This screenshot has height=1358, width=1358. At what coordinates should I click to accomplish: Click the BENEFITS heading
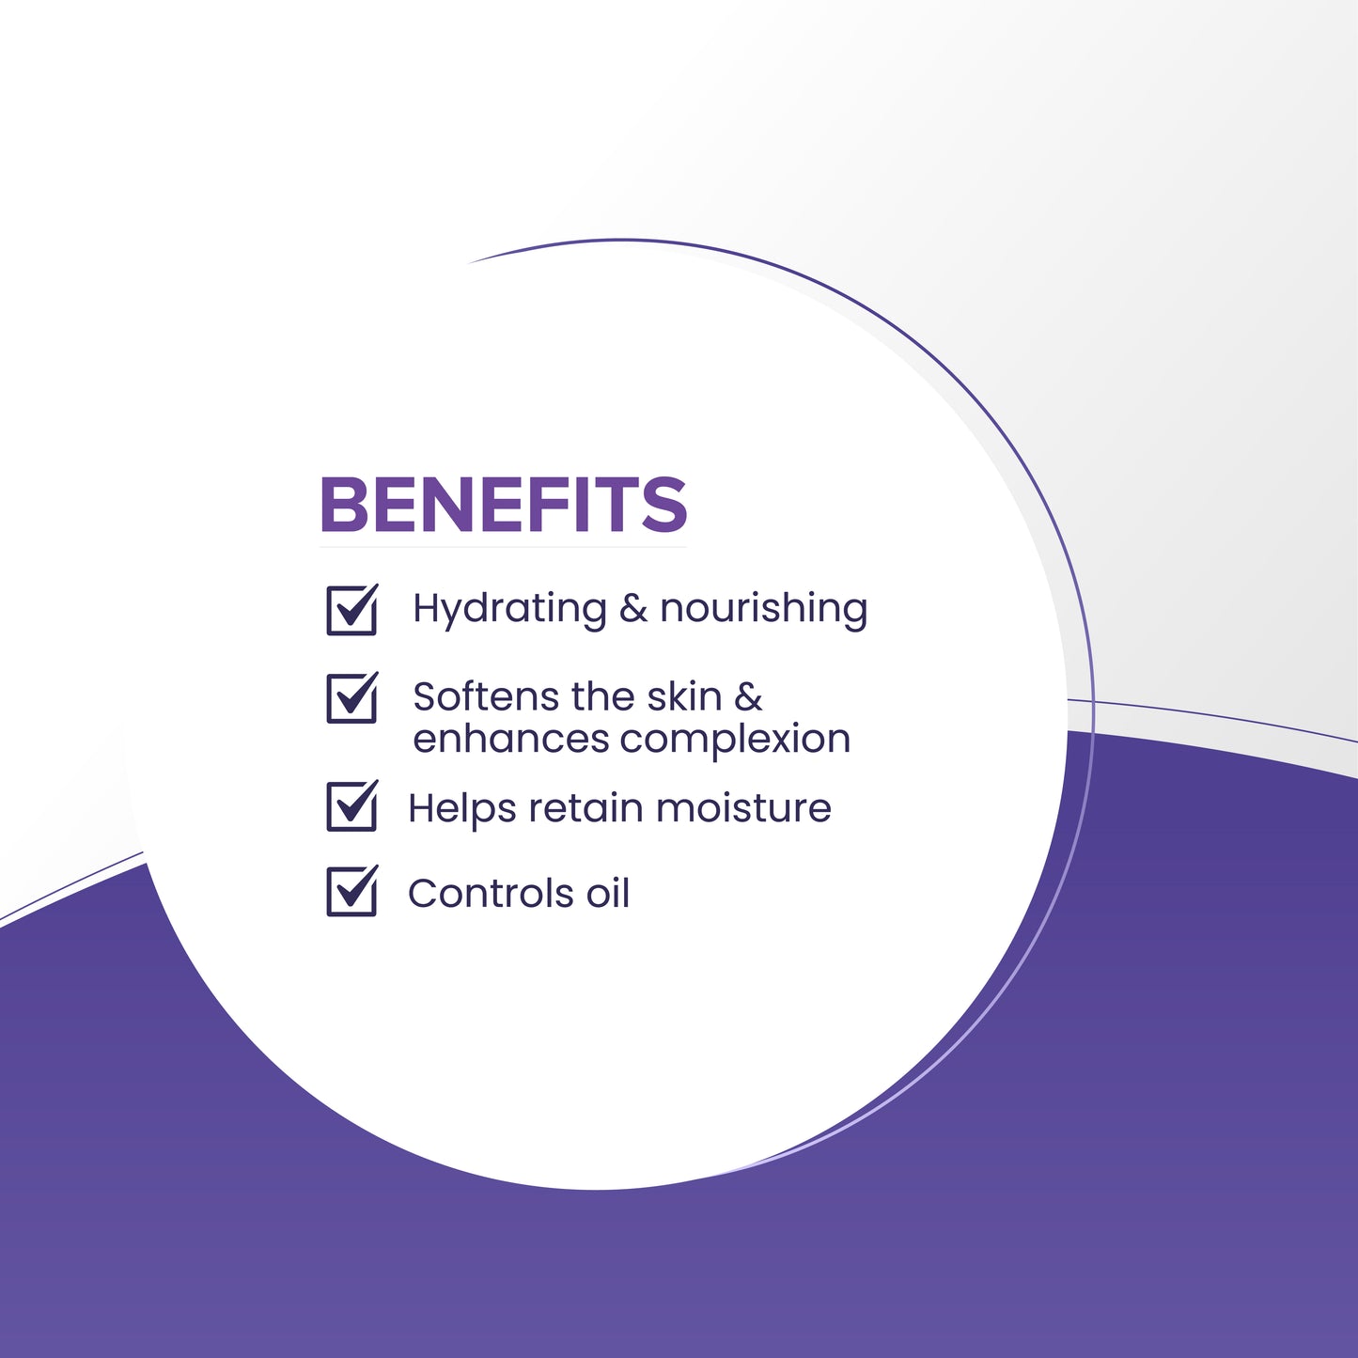503,505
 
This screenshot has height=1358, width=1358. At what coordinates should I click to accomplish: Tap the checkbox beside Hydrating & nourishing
351,610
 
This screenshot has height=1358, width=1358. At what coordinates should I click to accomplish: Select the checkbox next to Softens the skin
351,698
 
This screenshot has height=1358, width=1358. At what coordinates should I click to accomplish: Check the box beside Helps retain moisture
351,806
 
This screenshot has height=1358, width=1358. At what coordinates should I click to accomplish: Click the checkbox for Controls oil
351,892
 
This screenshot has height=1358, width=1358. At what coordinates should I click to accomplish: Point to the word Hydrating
509,610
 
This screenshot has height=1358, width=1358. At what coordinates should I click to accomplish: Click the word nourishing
763,609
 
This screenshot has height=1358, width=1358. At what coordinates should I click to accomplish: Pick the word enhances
511,739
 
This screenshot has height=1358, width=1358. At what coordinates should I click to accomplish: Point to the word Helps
461,808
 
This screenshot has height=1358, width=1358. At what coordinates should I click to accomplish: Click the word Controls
492,894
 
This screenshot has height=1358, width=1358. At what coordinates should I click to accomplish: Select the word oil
608,894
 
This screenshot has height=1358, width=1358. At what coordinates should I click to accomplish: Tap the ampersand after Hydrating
633,609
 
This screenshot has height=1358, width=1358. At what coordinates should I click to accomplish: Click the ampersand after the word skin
748,696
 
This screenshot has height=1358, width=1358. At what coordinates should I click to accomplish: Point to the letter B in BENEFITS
343,505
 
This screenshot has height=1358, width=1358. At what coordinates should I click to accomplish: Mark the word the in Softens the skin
602,696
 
